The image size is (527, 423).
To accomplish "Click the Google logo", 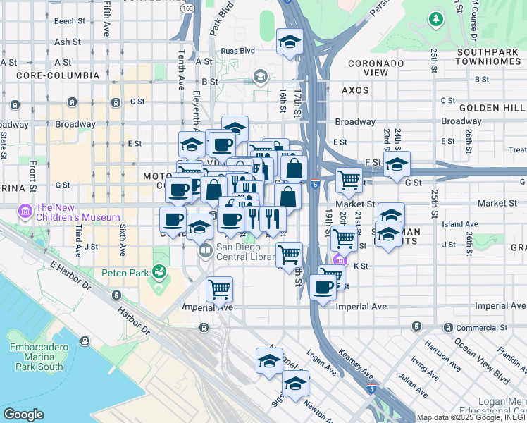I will [x=24, y=415].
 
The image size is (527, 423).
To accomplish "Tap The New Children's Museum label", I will [x=78, y=212].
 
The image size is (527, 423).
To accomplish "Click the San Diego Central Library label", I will [x=244, y=252].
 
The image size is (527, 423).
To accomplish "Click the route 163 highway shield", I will [x=188, y=8].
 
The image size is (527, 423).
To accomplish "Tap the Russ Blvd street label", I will [x=238, y=51].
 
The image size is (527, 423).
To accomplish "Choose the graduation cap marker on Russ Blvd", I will [x=290, y=42].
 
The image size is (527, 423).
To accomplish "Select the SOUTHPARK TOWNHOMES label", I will [x=490, y=57].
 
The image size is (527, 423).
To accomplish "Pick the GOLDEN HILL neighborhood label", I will [x=492, y=107].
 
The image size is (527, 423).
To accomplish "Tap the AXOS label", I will [x=355, y=90].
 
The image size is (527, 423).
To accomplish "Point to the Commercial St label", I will [x=482, y=328].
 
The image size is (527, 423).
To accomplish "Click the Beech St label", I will [x=69, y=21].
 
